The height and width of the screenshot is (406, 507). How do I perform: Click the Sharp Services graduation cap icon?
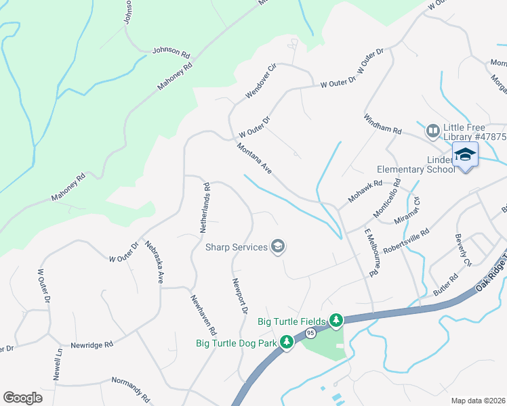coord(277,246)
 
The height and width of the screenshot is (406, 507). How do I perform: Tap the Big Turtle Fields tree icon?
coord(336,319)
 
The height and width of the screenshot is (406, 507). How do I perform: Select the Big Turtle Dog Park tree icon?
coord(287,342)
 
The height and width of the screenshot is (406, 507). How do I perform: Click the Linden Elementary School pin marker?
coord(465,156)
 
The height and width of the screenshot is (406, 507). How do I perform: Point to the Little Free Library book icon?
coord(432,129)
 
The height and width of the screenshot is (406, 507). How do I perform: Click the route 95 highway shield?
coord(310,333)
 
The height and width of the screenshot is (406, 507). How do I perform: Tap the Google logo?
coord(23,398)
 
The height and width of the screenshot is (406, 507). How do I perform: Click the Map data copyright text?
coord(478,401)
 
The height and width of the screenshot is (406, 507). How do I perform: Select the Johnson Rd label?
coord(171,50)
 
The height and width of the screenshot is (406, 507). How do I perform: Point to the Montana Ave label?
coord(254,159)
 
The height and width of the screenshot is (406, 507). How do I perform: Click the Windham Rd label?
coord(383,124)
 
